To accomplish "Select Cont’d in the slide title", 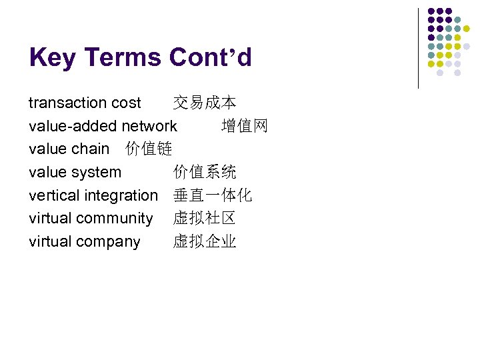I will (x=211, y=58).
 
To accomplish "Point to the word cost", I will (x=126, y=103).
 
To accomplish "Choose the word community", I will (x=115, y=218).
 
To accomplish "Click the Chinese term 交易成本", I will (x=205, y=103).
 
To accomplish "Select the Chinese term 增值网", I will (x=244, y=126).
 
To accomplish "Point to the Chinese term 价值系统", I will (x=205, y=172).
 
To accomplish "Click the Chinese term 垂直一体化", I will (x=213, y=195).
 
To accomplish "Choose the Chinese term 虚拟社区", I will (x=205, y=218).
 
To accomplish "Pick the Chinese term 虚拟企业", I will (x=205, y=241).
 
